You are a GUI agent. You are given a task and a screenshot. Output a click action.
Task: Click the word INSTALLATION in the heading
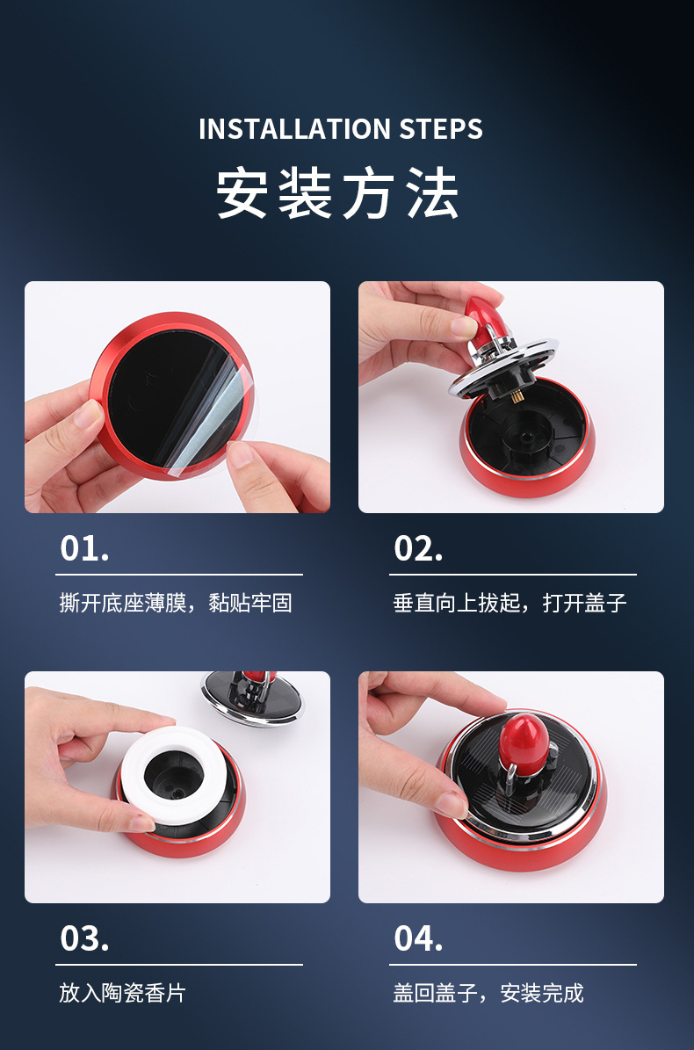(x=294, y=129)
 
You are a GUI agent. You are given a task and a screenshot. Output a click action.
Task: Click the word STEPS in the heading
(x=441, y=129)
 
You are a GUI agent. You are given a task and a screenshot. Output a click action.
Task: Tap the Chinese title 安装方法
(x=337, y=193)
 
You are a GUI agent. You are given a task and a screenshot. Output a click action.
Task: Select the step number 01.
(x=84, y=548)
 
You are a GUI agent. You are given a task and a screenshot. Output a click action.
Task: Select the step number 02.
(x=418, y=548)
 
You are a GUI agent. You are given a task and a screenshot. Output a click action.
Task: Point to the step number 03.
(x=84, y=938)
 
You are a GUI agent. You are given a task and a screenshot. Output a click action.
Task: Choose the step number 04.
(x=418, y=938)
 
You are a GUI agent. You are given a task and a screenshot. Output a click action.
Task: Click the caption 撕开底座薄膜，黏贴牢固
(x=176, y=603)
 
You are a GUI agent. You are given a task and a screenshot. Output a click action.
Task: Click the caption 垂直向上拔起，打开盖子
(x=510, y=603)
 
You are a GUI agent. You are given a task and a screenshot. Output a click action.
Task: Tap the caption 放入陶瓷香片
(x=122, y=992)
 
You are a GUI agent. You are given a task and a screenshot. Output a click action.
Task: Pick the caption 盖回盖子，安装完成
(x=488, y=992)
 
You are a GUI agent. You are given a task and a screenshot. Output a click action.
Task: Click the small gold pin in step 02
(x=517, y=396)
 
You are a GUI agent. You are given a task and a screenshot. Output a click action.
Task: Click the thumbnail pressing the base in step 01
(x=88, y=411)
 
